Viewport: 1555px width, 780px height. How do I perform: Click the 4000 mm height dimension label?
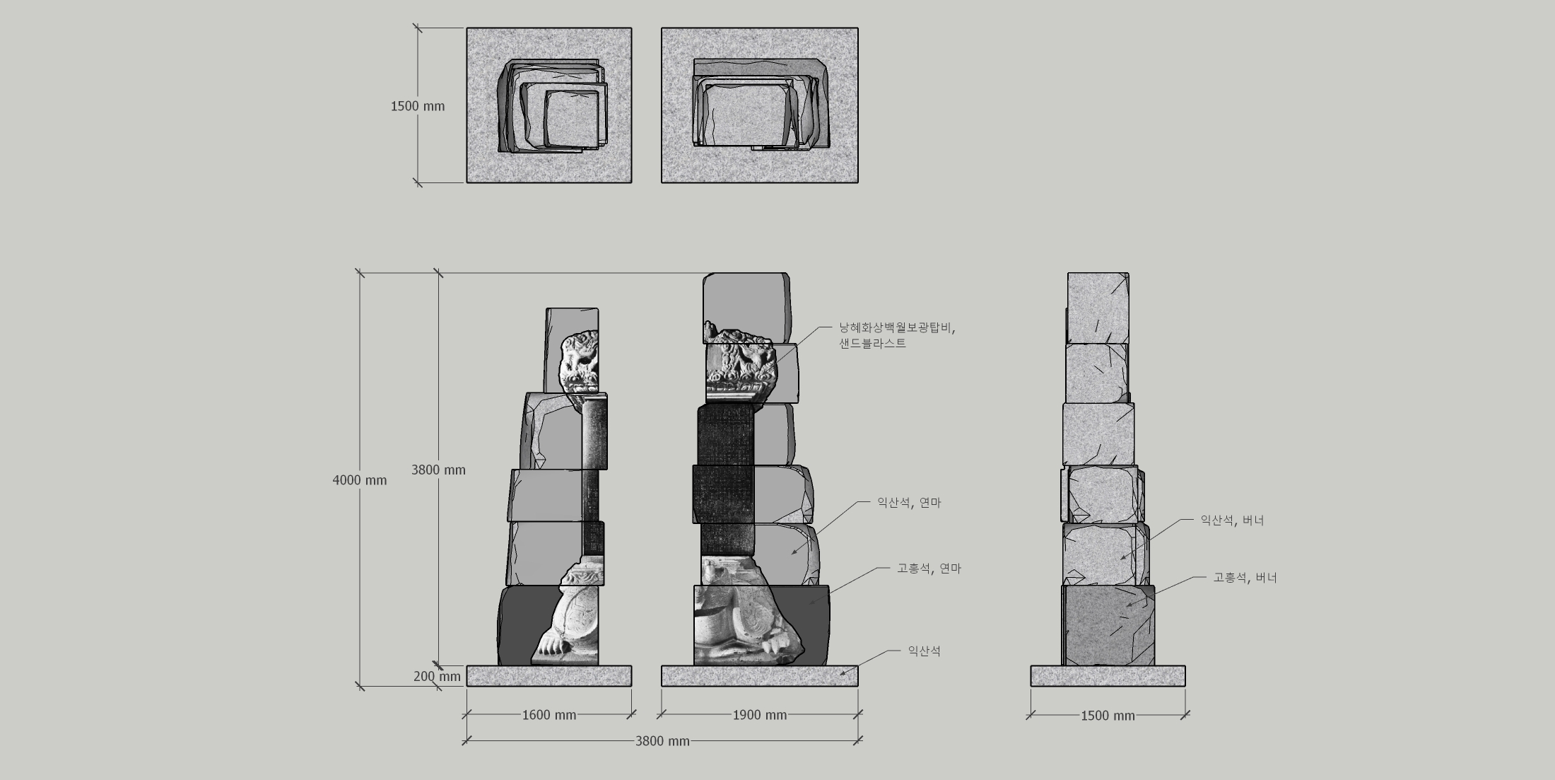click(x=360, y=480)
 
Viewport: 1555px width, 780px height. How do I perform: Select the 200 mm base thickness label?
click(x=437, y=676)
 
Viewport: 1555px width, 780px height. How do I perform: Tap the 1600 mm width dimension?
click(x=549, y=715)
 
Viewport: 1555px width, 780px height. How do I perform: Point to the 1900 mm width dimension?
click(x=760, y=715)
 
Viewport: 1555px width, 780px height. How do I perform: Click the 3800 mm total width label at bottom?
click(x=662, y=741)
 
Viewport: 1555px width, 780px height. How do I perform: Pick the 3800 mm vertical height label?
click(x=438, y=470)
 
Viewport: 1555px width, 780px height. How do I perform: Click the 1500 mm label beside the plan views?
click(x=418, y=106)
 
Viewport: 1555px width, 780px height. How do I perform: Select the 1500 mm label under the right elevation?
click(x=1108, y=716)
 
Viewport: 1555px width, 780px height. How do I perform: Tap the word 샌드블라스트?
click(x=872, y=344)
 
